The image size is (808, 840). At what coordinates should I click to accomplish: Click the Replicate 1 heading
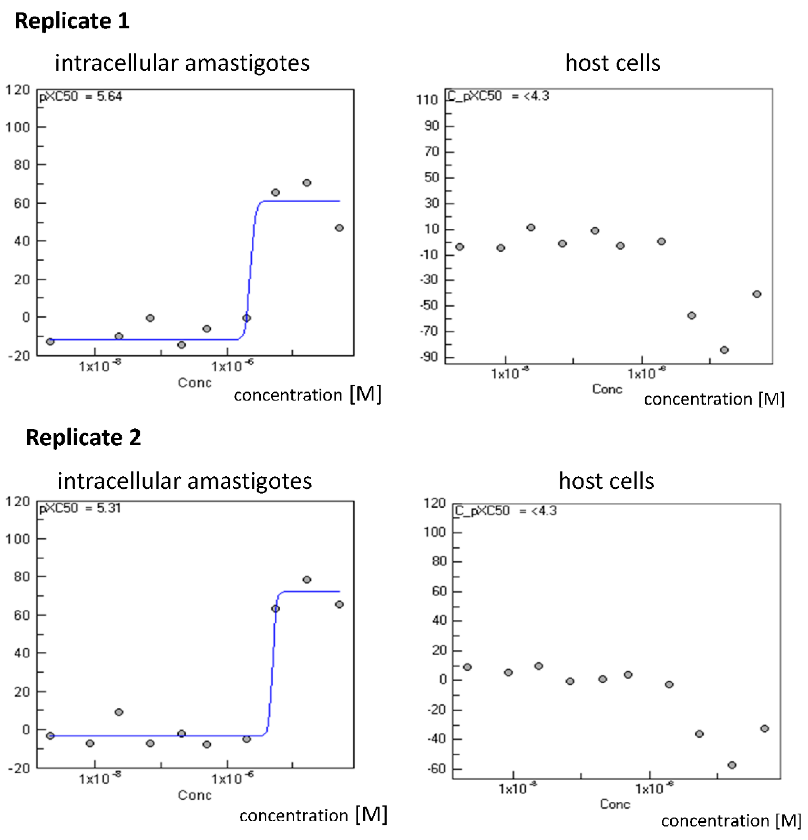pyautogui.click(x=72, y=21)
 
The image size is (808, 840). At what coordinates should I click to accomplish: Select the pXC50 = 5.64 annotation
pyautogui.click(x=80, y=96)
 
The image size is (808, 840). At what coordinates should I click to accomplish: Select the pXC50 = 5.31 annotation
pyautogui.click(x=80, y=508)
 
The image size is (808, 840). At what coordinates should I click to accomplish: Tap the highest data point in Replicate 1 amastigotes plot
pyautogui.click(x=307, y=183)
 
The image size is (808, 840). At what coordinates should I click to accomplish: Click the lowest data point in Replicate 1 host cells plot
pyautogui.click(x=724, y=350)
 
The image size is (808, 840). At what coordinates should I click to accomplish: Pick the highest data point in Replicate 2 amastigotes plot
pyautogui.click(x=307, y=579)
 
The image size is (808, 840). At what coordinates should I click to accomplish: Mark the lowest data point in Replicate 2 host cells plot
pyautogui.click(x=732, y=765)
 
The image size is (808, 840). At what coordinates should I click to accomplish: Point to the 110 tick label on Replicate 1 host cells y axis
pyautogui.click(x=427, y=100)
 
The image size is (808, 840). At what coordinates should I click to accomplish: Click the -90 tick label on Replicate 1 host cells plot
pyautogui.click(x=429, y=357)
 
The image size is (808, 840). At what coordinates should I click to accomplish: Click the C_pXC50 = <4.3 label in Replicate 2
pyautogui.click(x=505, y=511)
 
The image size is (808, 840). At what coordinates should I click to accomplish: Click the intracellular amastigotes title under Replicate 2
pyautogui.click(x=185, y=481)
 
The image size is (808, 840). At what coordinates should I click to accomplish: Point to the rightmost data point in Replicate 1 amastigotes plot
pyautogui.click(x=339, y=228)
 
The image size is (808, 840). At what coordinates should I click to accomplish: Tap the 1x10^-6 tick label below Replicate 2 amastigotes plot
pyautogui.click(x=232, y=778)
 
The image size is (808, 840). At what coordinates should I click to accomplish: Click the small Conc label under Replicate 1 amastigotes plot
pyautogui.click(x=194, y=382)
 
